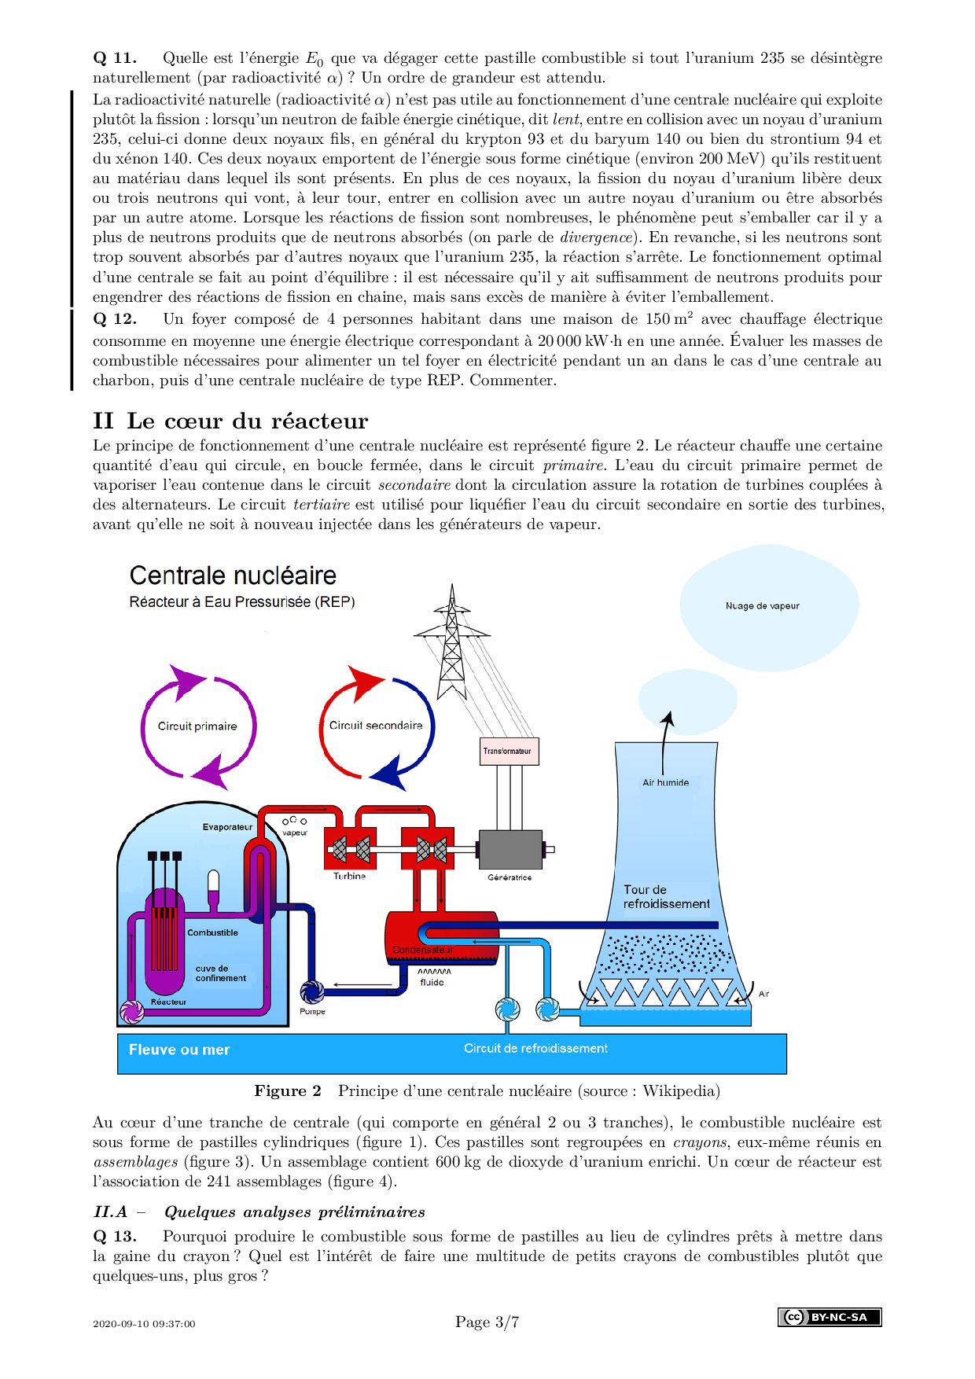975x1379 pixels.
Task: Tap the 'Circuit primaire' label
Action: tap(197, 726)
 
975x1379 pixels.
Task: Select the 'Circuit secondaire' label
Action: tap(376, 726)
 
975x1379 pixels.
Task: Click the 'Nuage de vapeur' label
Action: tap(762, 606)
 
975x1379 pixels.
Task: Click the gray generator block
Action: tap(510, 849)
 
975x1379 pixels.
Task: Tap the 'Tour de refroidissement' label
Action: tap(667, 897)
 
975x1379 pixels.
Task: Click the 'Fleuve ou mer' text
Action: tap(179, 1050)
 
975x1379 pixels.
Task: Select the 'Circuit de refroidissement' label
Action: tap(535, 1048)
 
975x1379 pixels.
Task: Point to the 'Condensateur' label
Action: tap(423, 950)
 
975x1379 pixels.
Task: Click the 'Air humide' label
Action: tap(665, 782)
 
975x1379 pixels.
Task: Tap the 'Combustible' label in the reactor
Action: tap(212, 932)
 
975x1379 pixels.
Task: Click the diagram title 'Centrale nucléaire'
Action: tap(233, 576)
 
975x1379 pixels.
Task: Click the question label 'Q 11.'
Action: tap(115, 57)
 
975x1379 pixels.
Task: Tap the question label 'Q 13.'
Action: tap(115, 1236)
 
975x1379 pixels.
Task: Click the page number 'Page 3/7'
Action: tap(487, 1322)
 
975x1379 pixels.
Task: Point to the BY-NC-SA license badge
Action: tap(830, 1317)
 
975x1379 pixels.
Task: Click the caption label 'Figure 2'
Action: tap(288, 1090)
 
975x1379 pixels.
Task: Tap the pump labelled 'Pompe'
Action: tap(313, 992)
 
